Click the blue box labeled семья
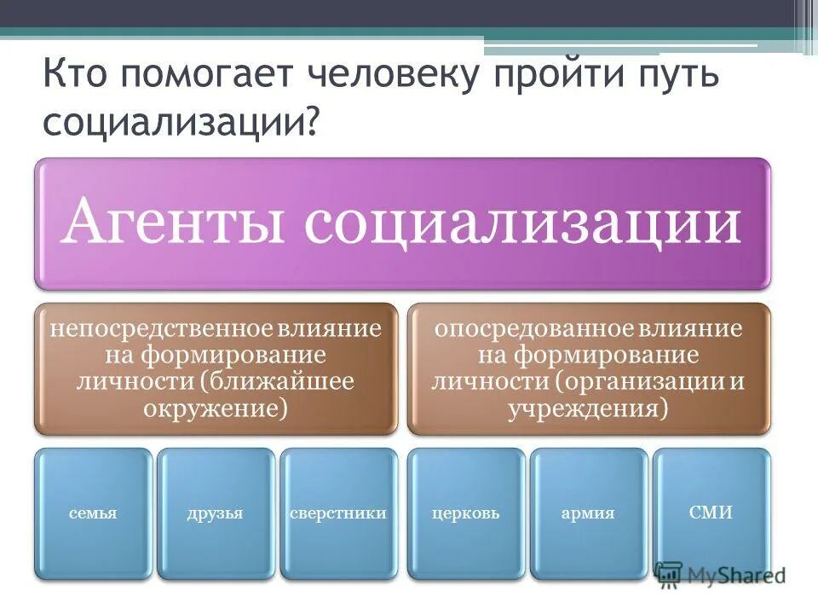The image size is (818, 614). click(94, 513)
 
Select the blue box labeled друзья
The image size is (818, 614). click(216, 513)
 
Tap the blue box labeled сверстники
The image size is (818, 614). click(338, 513)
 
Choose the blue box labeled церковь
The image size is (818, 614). click(465, 513)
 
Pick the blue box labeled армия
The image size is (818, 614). click(588, 513)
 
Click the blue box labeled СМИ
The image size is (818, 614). click(711, 513)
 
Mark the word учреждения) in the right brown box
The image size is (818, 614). click(588, 408)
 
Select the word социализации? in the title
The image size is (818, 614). click(182, 122)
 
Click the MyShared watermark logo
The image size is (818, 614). click(721, 575)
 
